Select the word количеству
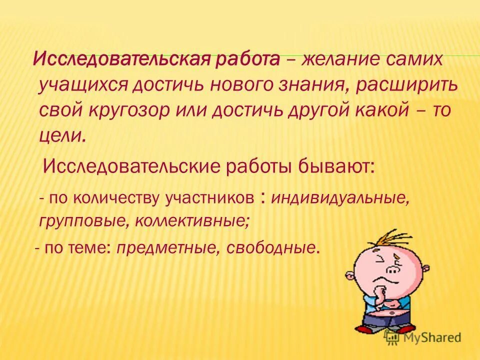[x=118, y=198]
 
